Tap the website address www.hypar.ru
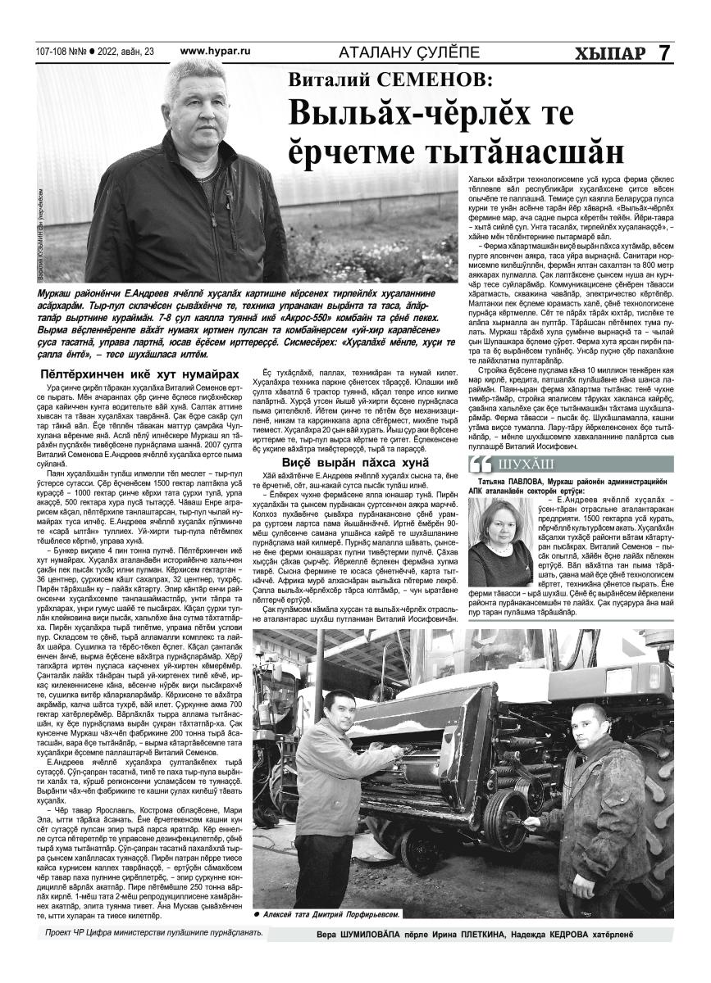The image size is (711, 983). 215,52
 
